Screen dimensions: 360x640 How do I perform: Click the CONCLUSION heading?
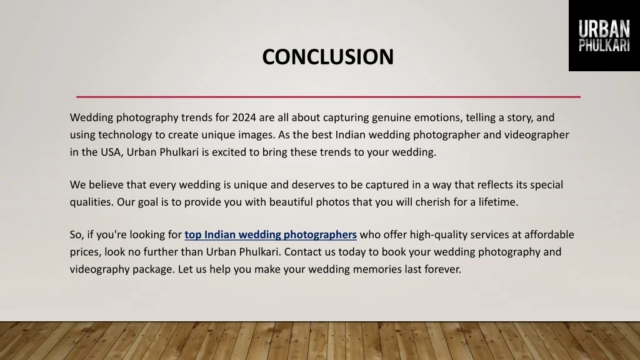[327, 57]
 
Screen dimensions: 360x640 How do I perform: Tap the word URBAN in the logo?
[604, 29]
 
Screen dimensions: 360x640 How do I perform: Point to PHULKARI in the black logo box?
[604, 46]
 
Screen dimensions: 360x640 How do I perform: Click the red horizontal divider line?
[328, 97]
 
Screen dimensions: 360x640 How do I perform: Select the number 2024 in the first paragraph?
[243, 117]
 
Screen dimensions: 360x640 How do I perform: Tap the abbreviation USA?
[111, 152]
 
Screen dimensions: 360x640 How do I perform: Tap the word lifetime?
[497, 202]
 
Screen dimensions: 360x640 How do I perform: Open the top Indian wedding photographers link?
[271, 235]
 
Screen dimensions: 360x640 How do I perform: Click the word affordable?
[549, 235]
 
